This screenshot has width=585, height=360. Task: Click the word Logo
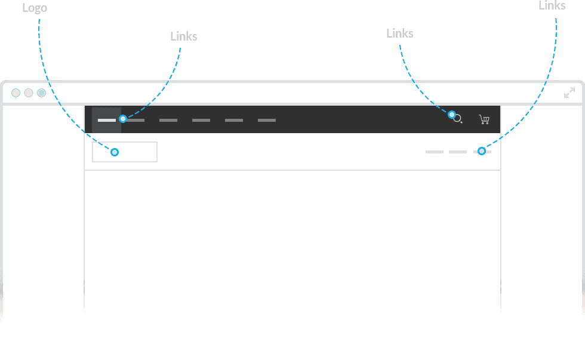click(x=35, y=8)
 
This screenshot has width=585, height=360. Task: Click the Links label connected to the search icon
click(x=399, y=33)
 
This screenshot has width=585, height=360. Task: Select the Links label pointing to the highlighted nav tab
click(x=184, y=36)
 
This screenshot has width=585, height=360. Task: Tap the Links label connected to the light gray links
click(x=552, y=5)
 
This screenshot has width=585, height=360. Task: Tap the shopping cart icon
click(x=484, y=119)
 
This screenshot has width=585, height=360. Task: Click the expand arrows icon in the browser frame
click(x=569, y=93)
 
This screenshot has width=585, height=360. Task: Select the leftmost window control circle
click(x=16, y=93)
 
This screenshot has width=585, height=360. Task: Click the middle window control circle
click(x=29, y=93)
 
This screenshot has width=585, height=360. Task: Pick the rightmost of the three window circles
click(x=41, y=93)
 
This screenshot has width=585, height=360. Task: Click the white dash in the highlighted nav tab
click(x=107, y=120)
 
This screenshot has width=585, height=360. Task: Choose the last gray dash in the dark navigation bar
click(x=267, y=120)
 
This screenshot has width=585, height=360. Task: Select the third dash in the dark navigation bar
click(x=168, y=120)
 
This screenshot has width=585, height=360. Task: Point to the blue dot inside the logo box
click(x=115, y=152)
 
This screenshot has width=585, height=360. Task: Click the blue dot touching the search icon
click(x=452, y=115)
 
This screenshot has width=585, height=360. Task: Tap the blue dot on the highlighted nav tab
click(x=123, y=119)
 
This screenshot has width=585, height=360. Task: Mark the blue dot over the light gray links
click(x=482, y=151)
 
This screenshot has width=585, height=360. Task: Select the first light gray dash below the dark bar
click(x=435, y=152)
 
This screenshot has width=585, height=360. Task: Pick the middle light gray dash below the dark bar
click(x=458, y=152)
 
